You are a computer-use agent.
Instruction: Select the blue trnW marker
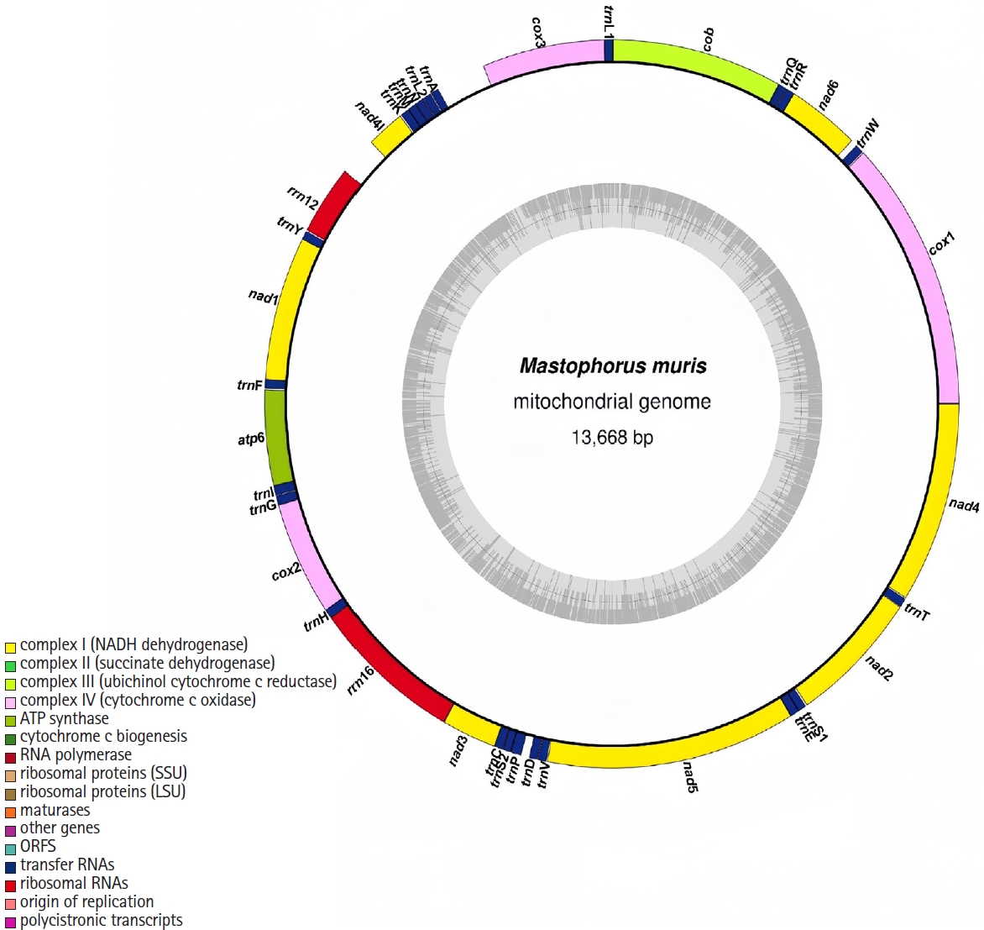[x=851, y=155]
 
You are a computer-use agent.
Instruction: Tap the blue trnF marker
[x=276, y=385]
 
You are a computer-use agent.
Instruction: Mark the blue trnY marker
[x=313, y=239]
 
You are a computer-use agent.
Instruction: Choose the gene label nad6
[x=829, y=95]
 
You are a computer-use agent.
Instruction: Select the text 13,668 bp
[x=612, y=438]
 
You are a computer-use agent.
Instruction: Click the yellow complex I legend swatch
[x=10, y=647]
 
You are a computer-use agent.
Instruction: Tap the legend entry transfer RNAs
[x=67, y=864]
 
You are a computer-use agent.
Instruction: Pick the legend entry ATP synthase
[x=65, y=718]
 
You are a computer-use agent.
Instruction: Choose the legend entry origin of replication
[x=86, y=901]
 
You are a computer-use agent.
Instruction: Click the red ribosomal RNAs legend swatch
[x=10, y=885]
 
